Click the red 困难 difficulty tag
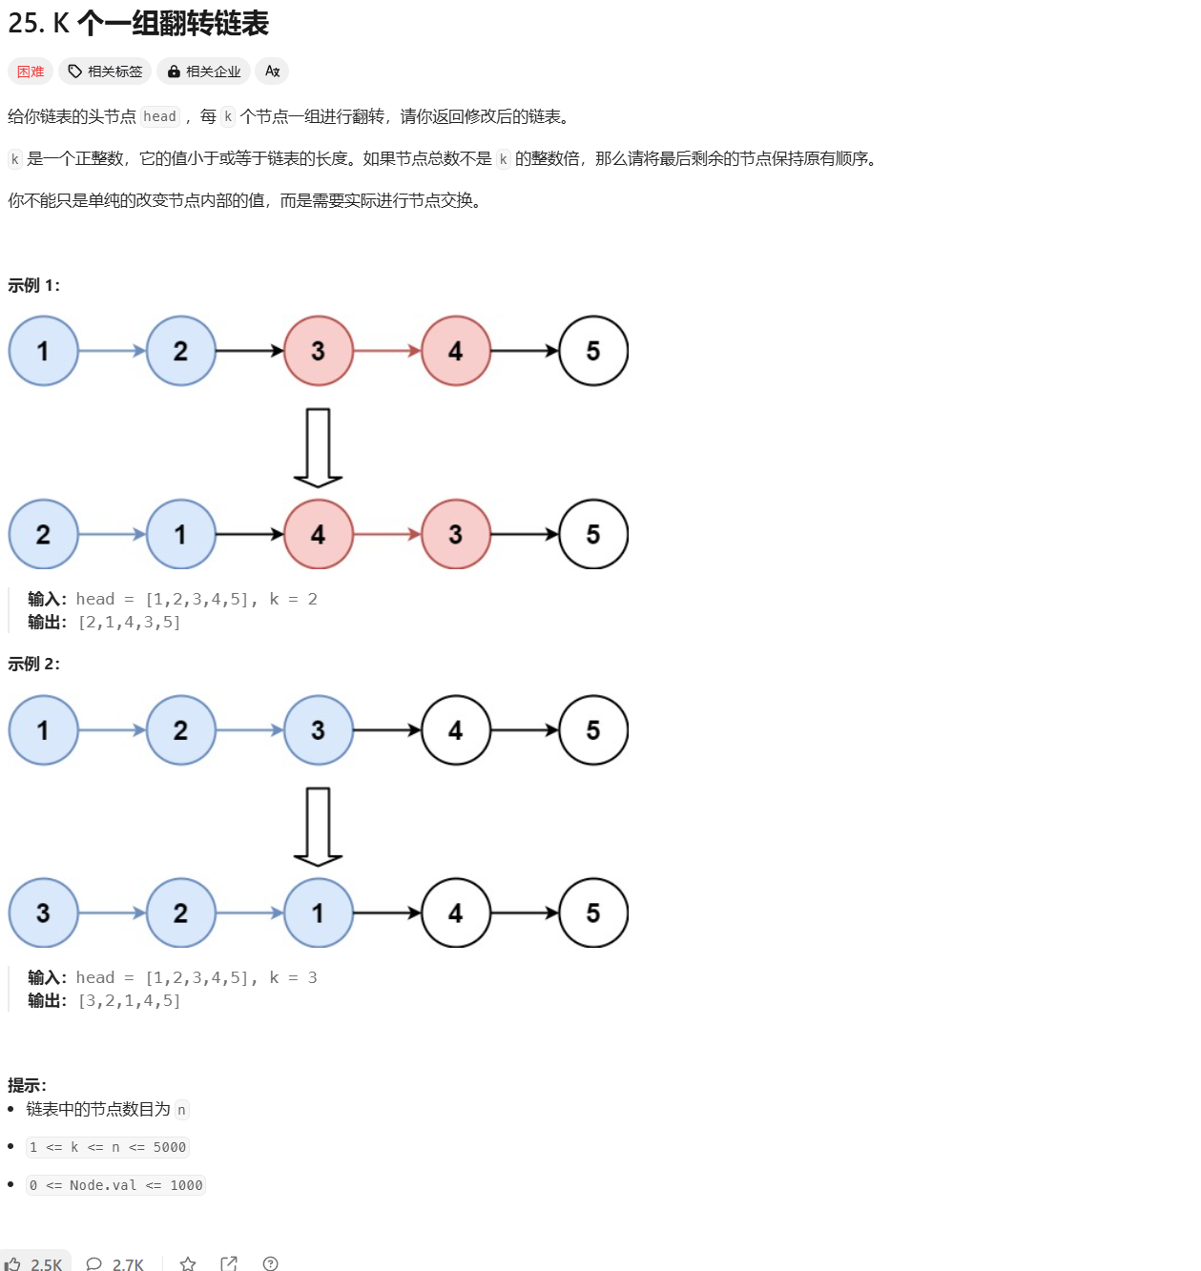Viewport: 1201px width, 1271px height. (31, 72)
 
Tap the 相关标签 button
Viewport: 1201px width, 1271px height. (105, 72)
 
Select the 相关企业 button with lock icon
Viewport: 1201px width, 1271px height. (203, 72)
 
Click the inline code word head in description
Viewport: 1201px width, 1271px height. (159, 116)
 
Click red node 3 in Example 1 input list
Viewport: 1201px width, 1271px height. (319, 351)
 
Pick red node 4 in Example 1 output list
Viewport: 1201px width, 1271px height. (319, 534)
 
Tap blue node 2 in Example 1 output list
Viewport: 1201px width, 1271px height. (43, 534)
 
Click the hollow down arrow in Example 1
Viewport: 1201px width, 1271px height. (318, 447)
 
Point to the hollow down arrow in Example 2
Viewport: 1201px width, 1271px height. (318, 826)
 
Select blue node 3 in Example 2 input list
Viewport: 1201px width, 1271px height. (319, 730)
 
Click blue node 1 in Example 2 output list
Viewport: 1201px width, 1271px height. (319, 913)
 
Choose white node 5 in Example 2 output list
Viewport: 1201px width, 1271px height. (593, 913)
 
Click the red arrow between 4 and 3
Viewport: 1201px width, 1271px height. (387, 534)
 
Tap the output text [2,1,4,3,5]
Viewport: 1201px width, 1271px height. (130, 623)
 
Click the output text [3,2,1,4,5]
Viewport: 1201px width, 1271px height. (130, 1001)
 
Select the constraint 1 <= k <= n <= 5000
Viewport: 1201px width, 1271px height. (108, 1147)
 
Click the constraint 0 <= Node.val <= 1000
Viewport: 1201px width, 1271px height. (115, 1185)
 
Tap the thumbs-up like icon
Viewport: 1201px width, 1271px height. (13, 1263)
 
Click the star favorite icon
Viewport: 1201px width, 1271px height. (188, 1263)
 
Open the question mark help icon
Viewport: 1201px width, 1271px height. (271, 1263)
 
